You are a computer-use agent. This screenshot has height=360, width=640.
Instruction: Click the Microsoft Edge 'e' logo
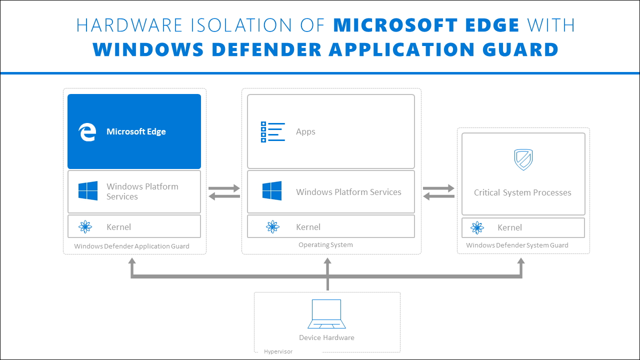[87, 132]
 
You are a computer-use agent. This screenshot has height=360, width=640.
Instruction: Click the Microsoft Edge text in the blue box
[136, 132]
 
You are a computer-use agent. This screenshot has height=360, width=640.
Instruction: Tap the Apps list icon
[272, 132]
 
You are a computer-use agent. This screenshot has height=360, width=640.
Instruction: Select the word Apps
[305, 132]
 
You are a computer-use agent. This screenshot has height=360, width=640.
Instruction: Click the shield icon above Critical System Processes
[523, 160]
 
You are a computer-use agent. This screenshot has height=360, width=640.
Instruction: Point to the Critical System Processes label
[522, 192]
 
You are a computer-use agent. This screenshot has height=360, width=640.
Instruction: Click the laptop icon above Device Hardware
[326, 314]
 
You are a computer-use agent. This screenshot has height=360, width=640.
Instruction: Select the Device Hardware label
[326, 337]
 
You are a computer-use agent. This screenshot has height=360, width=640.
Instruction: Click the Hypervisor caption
[278, 351]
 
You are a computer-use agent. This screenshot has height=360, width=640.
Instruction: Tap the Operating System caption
[325, 245]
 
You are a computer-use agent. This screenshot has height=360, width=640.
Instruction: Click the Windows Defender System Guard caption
[517, 245]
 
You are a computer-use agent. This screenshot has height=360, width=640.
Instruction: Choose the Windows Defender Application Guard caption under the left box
[131, 246]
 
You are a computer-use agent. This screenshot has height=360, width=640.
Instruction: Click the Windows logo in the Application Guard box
[88, 191]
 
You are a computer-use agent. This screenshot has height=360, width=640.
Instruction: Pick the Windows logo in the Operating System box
[272, 191]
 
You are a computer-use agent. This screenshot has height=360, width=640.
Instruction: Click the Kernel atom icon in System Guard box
[477, 227]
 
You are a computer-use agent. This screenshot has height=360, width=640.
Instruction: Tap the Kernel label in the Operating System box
[308, 227]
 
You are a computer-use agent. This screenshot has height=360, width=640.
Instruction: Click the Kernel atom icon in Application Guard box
[85, 227]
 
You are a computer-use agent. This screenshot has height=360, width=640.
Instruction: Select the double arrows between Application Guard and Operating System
[224, 192]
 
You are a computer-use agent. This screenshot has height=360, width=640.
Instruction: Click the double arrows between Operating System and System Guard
[438, 192]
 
